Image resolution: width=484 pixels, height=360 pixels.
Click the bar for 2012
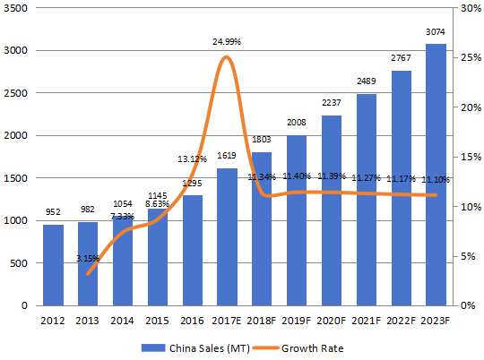click(54, 265)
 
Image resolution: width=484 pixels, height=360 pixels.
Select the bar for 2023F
click(436, 175)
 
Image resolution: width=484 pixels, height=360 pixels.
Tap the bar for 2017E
click(228, 236)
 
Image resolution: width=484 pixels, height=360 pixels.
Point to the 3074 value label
click(436, 33)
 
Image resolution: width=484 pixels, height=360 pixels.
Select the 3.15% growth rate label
click(89, 259)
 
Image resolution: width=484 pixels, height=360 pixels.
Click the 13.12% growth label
click(193, 159)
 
